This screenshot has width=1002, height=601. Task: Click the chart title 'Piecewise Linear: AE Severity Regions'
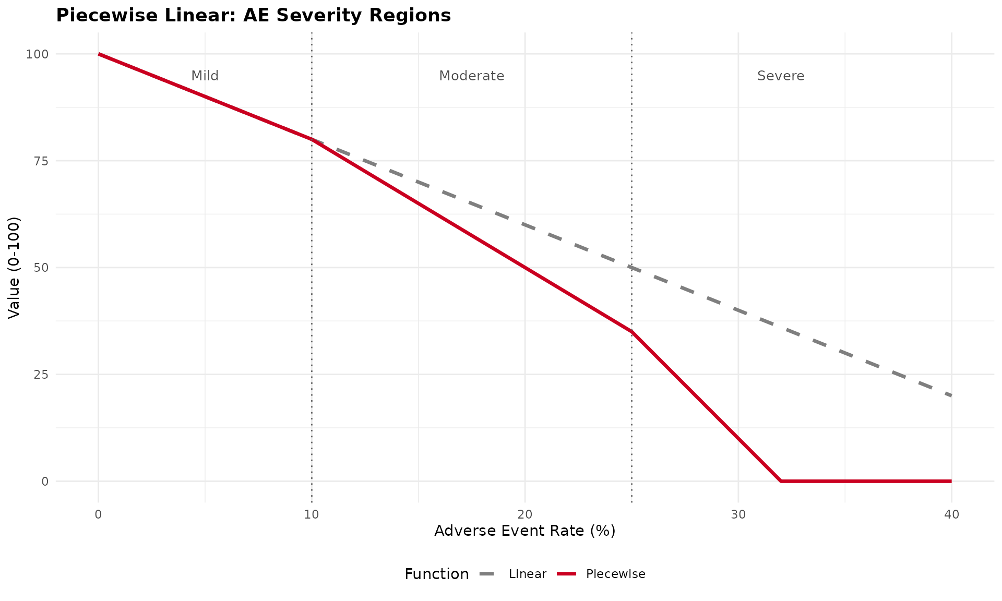pos(253,16)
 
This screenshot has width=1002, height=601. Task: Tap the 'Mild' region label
pos(205,76)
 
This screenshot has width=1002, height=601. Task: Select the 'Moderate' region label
pos(471,76)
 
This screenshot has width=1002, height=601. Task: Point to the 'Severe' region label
pos(780,76)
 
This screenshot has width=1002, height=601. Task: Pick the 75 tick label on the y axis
pos(41,161)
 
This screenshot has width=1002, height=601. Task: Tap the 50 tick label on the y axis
pos(41,268)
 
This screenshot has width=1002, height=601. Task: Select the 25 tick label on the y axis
pos(41,375)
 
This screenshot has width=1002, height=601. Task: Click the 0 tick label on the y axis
pos(45,482)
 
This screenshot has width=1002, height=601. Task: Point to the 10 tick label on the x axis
pos(312,515)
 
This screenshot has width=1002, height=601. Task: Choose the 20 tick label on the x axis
pos(525,515)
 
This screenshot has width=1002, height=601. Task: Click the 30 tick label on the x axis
pos(738,515)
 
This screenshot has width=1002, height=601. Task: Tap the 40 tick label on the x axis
pos(951,515)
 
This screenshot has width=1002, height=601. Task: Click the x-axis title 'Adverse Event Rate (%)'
pos(524,531)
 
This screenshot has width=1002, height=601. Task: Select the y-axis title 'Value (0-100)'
pos(14,267)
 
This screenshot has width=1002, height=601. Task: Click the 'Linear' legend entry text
pos(527,574)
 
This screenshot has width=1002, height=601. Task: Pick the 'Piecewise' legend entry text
pos(615,574)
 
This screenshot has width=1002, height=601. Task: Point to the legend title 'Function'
pos(436,574)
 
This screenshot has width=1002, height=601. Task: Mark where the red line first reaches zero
pos(781,481)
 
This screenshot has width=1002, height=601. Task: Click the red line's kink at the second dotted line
pos(631,332)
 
